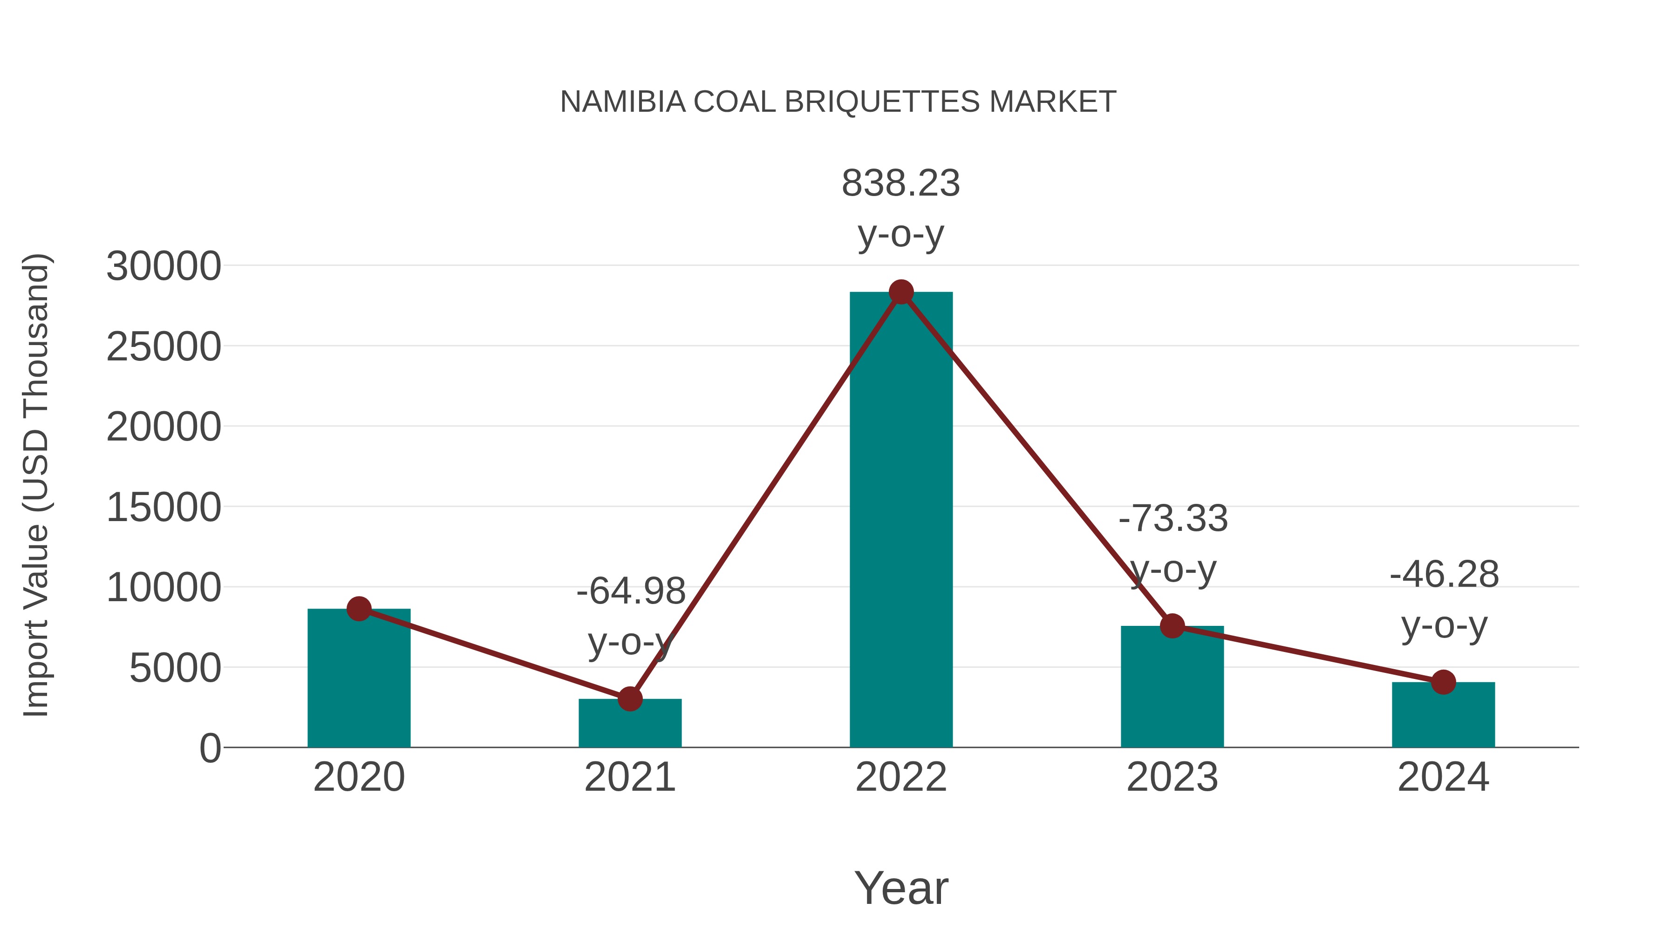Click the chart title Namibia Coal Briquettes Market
[x=838, y=102]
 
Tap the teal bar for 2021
[x=629, y=723]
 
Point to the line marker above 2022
[x=901, y=292]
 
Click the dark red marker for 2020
[x=359, y=609]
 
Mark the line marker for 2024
[x=1443, y=682]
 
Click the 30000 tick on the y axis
[x=164, y=266]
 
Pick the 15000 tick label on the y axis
[x=164, y=508]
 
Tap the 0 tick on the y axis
[x=210, y=748]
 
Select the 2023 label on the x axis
[x=1172, y=777]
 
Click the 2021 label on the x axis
[x=629, y=777]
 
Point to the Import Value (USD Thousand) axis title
[x=36, y=485]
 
